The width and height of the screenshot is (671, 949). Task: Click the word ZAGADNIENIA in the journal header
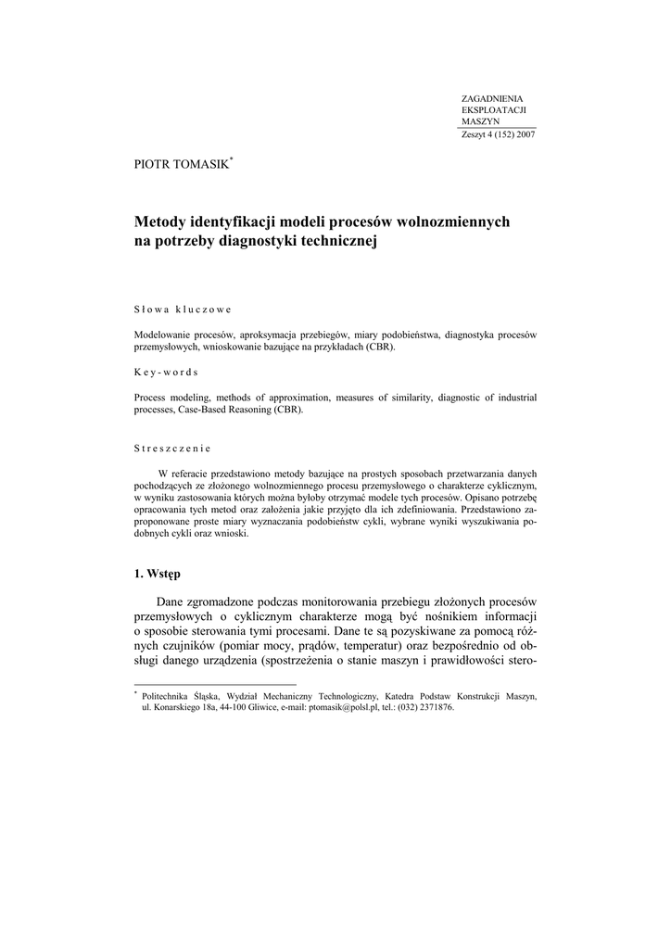tap(492, 98)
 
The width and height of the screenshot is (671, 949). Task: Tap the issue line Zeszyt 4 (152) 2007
tap(498, 134)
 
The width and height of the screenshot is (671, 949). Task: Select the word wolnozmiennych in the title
tap(453, 222)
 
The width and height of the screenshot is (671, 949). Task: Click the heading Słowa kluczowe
tap(183, 309)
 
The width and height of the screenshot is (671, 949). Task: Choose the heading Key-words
tap(166, 372)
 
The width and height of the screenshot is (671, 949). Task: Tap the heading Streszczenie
tap(172, 448)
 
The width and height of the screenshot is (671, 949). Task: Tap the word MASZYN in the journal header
tap(480, 121)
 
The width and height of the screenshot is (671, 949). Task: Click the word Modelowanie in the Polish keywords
tap(161, 334)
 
